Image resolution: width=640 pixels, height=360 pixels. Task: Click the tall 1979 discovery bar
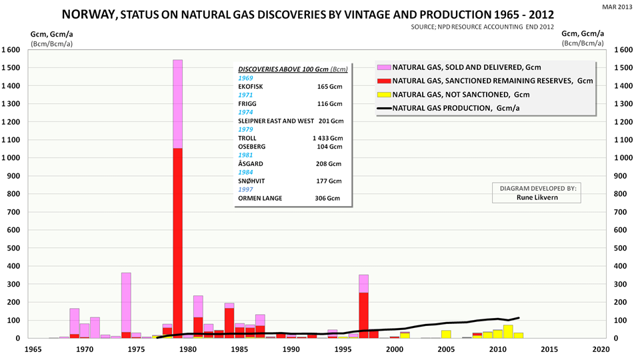177,200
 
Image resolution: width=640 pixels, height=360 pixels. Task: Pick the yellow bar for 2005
446,334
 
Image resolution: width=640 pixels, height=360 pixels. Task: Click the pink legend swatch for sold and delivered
383,68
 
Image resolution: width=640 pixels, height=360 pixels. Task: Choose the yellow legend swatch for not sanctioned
383,95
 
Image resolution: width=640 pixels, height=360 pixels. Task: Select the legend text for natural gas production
457,108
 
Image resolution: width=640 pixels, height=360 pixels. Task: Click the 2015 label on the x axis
549,349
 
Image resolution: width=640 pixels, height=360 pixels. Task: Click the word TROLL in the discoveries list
249,138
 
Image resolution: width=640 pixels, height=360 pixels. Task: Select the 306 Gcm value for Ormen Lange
328,198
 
